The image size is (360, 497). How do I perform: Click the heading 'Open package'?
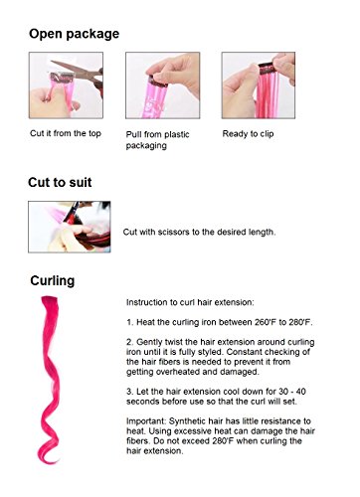pos(74,33)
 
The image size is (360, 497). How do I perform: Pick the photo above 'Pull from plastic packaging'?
pos(155,81)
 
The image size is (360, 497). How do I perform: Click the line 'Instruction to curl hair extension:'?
pos(191,301)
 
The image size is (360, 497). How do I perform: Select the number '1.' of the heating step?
pos(131,324)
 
